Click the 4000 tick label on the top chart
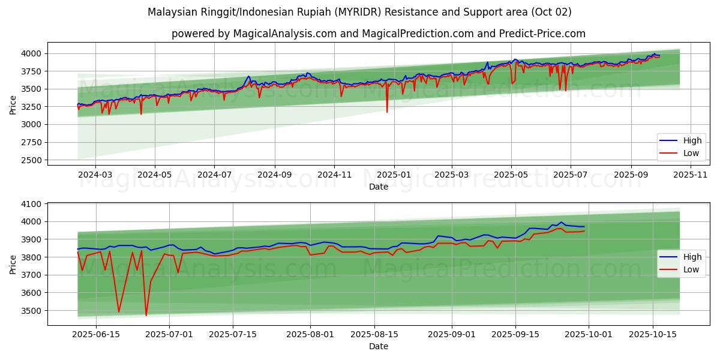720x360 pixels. tap(31, 53)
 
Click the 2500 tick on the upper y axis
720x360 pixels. tap(31, 160)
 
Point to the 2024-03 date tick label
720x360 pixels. tap(95, 175)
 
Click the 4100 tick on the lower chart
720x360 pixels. tap(31, 204)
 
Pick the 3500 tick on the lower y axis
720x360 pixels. tap(31, 311)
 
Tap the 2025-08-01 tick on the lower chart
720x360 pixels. tap(310, 335)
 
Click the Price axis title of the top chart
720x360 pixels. tap(13, 104)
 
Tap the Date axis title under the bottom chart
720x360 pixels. tap(379, 346)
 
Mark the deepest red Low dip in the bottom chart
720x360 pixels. tap(146, 316)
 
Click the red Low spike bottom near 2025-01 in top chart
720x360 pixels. tap(387, 112)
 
